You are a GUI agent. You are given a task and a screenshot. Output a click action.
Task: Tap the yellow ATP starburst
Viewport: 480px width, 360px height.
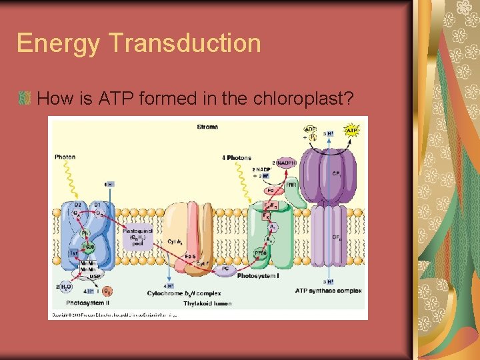[x=351, y=131]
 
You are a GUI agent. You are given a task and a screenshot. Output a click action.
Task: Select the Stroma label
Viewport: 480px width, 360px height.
[x=207, y=127]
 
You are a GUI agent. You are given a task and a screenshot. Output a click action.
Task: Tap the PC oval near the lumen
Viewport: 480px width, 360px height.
[x=225, y=269]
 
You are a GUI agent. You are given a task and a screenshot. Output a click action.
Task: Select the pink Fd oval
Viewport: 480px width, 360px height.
[x=271, y=191]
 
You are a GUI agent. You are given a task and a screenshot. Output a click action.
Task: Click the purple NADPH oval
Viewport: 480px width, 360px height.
[x=287, y=162]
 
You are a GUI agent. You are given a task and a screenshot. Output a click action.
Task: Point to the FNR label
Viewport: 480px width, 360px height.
[x=291, y=185]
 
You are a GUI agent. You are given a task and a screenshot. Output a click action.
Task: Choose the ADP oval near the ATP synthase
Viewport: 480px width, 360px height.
[x=311, y=130]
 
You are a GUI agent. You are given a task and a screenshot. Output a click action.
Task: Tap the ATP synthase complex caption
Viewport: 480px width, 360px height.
[x=328, y=291]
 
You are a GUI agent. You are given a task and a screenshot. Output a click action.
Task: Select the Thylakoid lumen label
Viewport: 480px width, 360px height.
[x=207, y=303]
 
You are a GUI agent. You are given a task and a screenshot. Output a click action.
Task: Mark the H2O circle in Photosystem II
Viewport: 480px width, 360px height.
[x=65, y=287]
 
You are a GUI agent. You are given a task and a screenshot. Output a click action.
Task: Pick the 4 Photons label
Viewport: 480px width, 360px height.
[x=237, y=158]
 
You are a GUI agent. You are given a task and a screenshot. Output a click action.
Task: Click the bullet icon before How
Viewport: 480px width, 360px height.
[x=25, y=99]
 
